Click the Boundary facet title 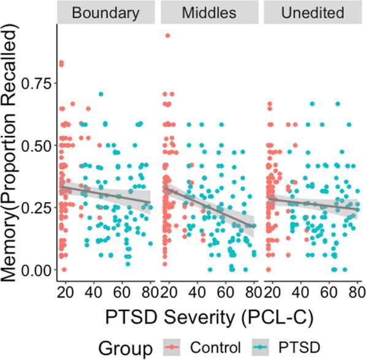coord(105,13)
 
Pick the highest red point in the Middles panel coord(167,36)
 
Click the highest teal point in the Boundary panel coord(101,94)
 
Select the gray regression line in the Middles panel coord(208,205)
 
